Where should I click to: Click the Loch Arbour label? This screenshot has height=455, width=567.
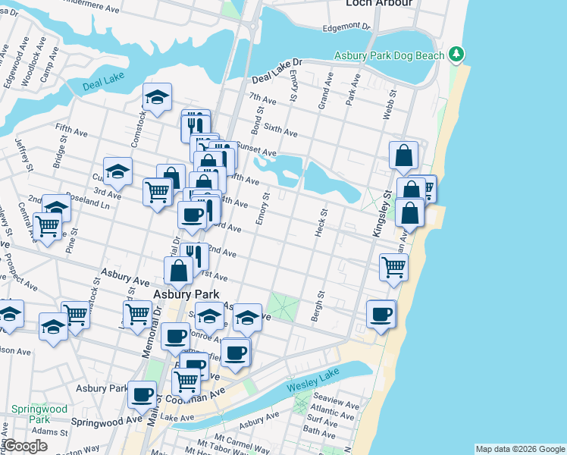tap(379, 4)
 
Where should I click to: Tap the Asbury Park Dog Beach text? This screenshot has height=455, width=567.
tap(390, 55)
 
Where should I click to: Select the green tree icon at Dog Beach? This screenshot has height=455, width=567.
tap(456, 54)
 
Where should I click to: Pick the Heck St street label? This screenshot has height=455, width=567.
tap(319, 223)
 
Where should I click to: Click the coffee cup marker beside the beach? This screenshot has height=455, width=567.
tap(381, 314)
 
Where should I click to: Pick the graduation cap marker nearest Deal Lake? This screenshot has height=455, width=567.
tap(157, 96)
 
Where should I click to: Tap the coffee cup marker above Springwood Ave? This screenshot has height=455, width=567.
tap(142, 394)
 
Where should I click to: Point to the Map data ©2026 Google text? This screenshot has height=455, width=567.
tap(519, 449)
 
